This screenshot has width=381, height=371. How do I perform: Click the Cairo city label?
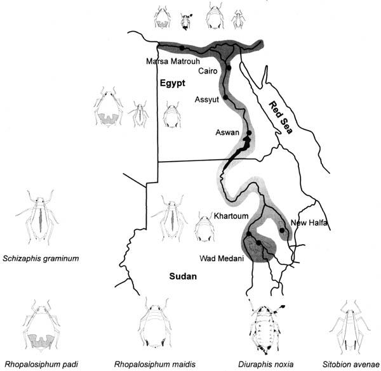pos(208,71)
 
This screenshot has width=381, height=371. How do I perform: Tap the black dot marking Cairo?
pos(229,68)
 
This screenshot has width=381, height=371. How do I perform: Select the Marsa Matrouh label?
pos(173,61)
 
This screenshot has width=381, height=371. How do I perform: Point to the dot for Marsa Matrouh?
pos(182,48)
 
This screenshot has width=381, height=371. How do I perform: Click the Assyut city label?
pos(207,100)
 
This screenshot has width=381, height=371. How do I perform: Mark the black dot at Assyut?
pos(225,97)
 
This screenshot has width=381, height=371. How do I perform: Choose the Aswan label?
pos(227,133)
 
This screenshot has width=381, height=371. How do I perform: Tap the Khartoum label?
pos(231,216)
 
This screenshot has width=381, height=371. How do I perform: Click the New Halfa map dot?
pos(282,230)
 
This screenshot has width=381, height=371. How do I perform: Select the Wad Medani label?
pos(222,258)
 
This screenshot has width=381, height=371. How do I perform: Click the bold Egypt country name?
pos(173,83)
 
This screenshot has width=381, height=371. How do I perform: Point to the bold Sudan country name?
pos(183,277)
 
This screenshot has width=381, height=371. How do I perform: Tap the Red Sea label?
pos(281,118)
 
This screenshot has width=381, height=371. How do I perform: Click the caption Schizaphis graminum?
pos(41,258)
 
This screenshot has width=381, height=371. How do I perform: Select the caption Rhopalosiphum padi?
pos(41,364)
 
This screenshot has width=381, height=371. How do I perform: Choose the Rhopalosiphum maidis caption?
pos(155,364)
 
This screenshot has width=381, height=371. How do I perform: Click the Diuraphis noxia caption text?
pos(266,364)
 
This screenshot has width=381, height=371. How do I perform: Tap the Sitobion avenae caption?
pos(351,364)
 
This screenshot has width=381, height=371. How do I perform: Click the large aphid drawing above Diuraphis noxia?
pos(266,327)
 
